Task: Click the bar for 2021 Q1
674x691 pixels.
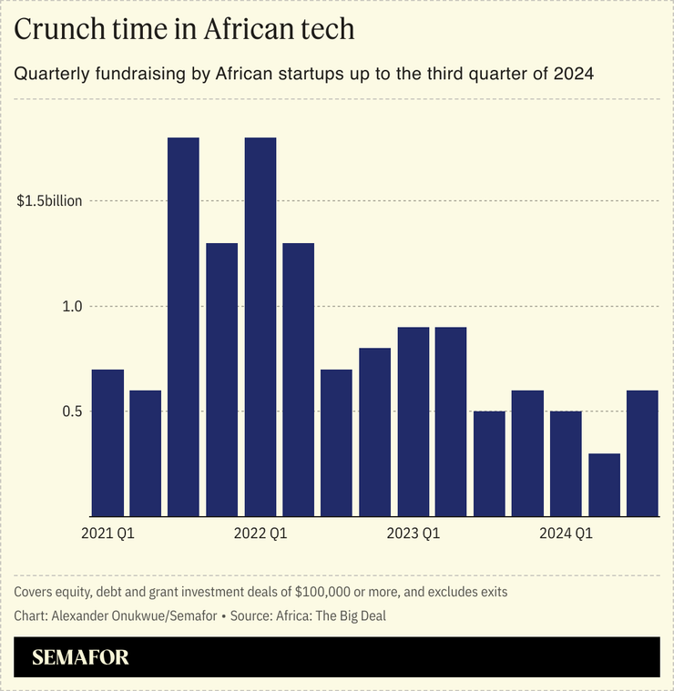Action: tap(107, 442)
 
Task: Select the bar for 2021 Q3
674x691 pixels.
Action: tap(184, 327)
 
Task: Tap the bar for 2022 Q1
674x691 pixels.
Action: tap(260, 327)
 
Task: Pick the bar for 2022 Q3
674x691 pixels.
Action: tap(336, 442)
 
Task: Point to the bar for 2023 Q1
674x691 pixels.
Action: tap(413, 422)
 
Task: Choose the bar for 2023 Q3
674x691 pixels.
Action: tap(489, 463)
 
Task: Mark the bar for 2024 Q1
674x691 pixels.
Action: tap(566, 463)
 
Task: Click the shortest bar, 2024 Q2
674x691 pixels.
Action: tap(604, 484)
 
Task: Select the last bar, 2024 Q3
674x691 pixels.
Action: tap(642, 453)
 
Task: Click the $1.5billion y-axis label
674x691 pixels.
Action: tap(49, 201)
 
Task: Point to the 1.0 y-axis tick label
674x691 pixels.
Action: tap(72, 307)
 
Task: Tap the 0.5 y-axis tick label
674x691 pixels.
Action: tap(72, 412)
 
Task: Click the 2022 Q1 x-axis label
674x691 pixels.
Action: tap(260, 533)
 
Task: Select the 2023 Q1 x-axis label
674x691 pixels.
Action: tap(413, 533)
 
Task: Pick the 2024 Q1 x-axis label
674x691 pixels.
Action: tap(566, 533)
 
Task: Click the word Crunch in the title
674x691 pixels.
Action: tap(57, 29)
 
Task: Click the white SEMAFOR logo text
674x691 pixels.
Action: tap(80, 657)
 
